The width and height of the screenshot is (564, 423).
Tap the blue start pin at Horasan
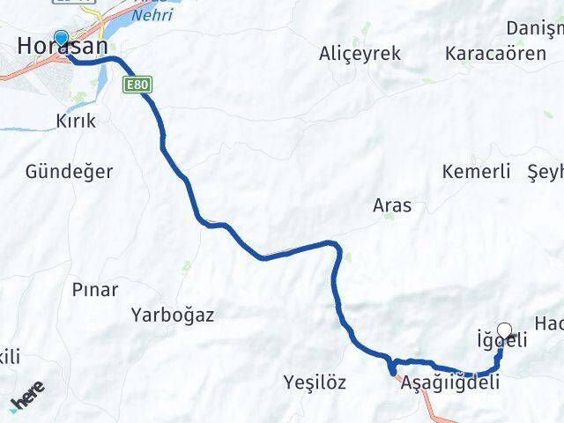[x=61, y=38]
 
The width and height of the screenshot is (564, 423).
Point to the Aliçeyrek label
[x=360, y=54]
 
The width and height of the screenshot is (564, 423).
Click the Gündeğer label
[x=70, y=172]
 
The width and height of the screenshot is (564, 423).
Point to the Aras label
[x=392, y=205]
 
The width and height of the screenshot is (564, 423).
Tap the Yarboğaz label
[x=173, y=314]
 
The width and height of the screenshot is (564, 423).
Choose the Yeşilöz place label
[x=315, y=382]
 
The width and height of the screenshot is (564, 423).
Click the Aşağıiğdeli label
[x=449, y=383]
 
